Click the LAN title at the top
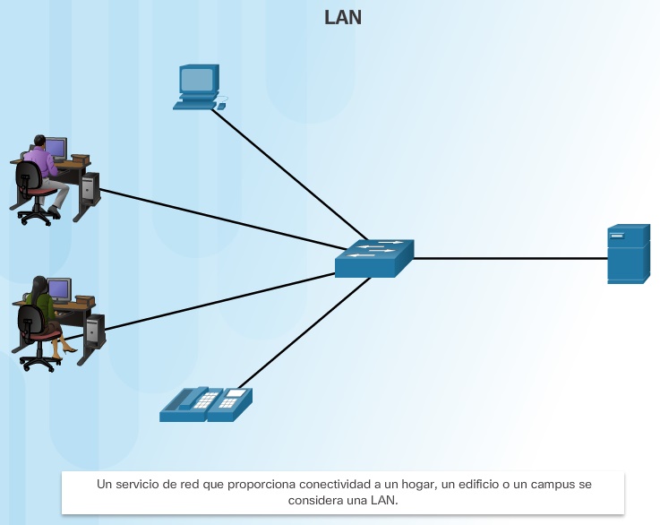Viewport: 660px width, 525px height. pos(342,18)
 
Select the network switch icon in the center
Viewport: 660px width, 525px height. pos(375,258)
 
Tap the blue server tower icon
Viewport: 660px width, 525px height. pos(628,254)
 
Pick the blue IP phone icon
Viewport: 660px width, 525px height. pos(206,404)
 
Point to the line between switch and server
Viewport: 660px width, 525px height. pos(510,258)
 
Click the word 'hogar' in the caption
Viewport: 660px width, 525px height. pos(408,485)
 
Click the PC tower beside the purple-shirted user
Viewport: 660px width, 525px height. pos(88,188)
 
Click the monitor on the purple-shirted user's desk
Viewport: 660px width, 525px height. pos(56,148)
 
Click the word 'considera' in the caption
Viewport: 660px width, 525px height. pos(313,501)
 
